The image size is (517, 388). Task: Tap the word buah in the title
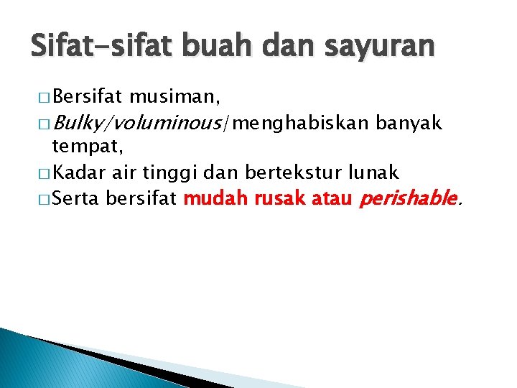pos(206,47)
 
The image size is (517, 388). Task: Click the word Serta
pos(76,198)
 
